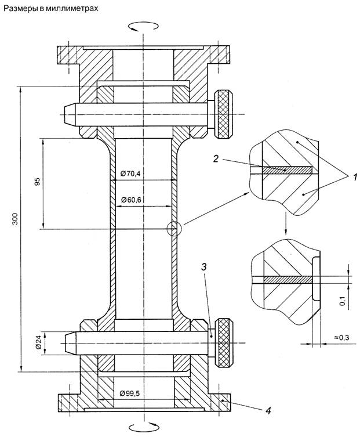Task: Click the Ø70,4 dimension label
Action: (x=130, y=174)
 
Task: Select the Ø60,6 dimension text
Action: (x=132, y=200)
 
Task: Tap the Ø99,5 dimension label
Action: (x=129, y=393)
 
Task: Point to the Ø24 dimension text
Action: (x=38, y=342)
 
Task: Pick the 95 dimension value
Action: (x=38, y=182)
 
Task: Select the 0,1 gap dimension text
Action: (x=343, y=301)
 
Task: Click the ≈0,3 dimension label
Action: (x=341, y=338)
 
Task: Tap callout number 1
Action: (x=355, y=176)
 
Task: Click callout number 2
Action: (x=216, y=159)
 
